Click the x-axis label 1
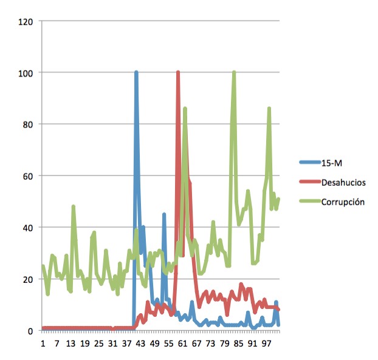(x=43, y=344)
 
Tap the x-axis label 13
(x=70, y=344)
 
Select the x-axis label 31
(x=112, y=344)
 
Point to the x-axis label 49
(x=154, y=344)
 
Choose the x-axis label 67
(x=196, y=344)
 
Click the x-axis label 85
(x=238, y=344)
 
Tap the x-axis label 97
(x=266, y=344)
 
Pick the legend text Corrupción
(x=342, y=202)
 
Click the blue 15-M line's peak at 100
(x=136, y=73)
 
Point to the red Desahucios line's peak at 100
(x=178, y=73)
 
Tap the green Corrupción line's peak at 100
(x=233, y=73)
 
